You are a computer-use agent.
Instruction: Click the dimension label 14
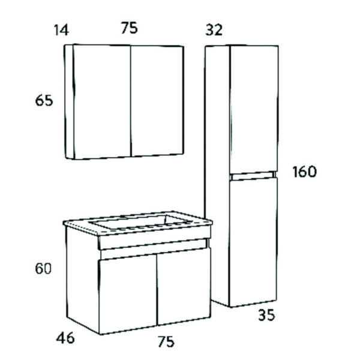[61, 31]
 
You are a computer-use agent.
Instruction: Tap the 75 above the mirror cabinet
[129, 28]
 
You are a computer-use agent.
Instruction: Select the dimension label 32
[214, 30]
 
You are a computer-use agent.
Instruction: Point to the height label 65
[44, 101]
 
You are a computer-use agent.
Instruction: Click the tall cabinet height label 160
[304, 172]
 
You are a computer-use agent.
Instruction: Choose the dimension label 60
[43, 268]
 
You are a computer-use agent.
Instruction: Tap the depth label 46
[65, 338]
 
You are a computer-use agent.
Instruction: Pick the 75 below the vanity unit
[166, 341]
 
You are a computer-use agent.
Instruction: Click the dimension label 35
[266, 315]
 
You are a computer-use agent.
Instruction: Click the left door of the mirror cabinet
[102, 102]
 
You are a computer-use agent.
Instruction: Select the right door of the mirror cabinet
[157, 101]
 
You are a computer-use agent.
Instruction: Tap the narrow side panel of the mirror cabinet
[70, 101]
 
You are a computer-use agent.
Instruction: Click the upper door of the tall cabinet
[254, 109]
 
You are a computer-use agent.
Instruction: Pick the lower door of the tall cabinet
[253, 242]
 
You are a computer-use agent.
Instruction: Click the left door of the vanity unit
[128, 294]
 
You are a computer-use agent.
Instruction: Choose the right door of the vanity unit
[184, 286]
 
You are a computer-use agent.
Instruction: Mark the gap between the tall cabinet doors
[253, 176]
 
